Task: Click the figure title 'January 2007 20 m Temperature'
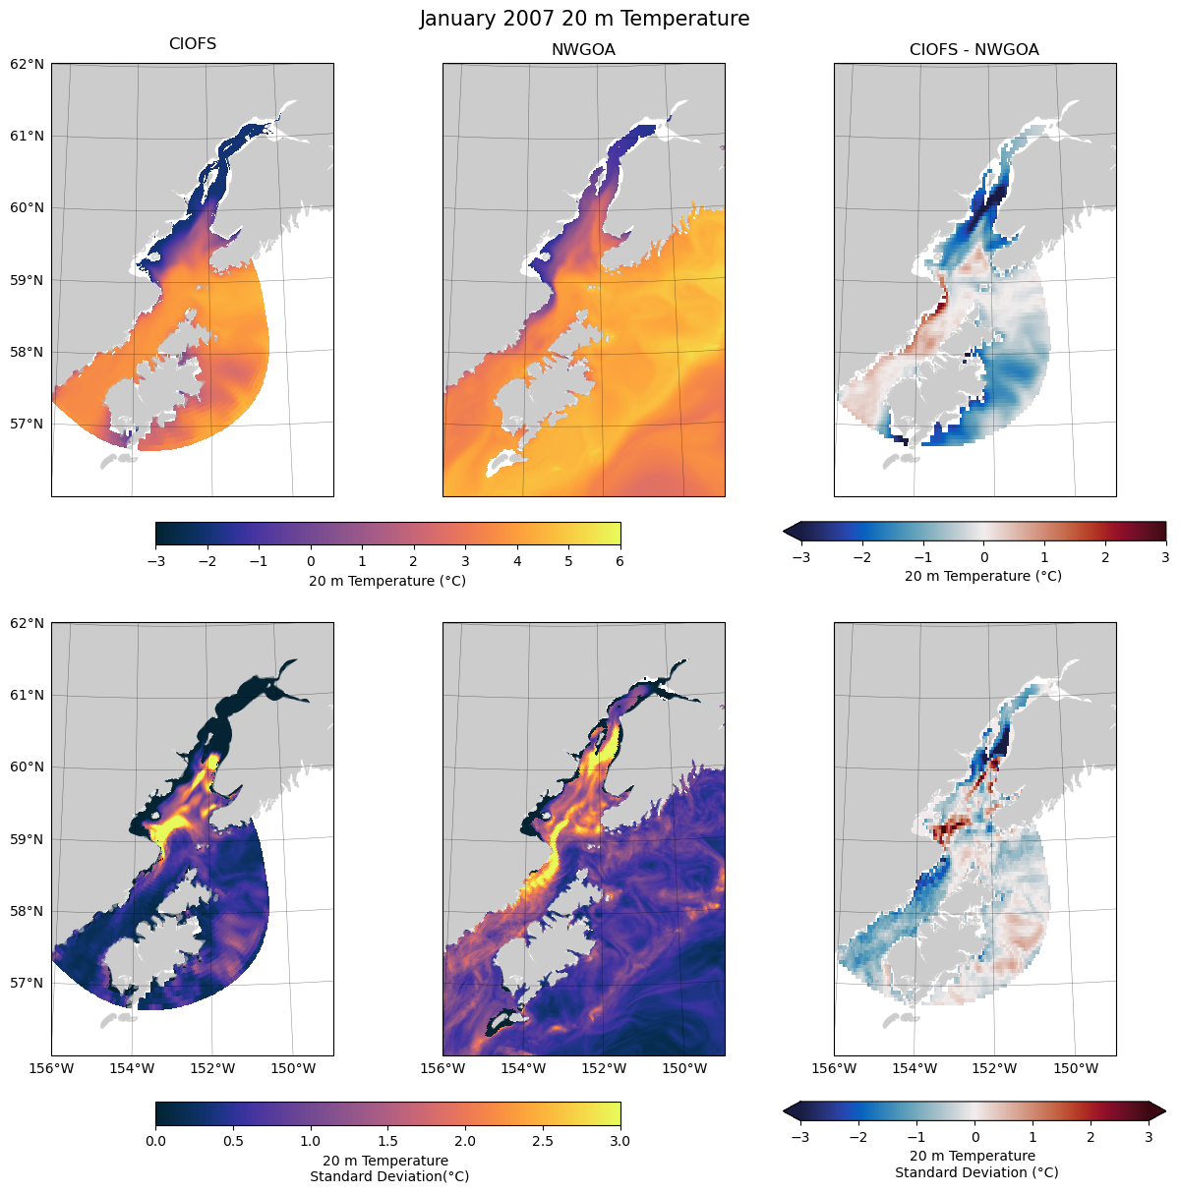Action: coord(584,19)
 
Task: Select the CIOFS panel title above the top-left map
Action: coord(193,44)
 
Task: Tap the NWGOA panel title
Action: coord(583,50)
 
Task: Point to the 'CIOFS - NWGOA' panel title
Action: coord(973,50)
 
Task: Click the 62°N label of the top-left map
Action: coord(28,64)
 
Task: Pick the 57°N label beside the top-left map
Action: coord(28,425)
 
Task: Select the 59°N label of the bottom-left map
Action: coord(28,839)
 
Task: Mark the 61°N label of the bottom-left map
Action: coord(28,695)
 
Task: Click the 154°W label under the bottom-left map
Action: coord(132,1068)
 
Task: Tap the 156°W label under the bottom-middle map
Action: coord(442,1068)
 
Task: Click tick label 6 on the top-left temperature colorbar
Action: coord(620,561)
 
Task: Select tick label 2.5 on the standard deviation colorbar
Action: coord(543,1141)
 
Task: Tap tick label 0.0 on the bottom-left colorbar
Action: coord(155,1141)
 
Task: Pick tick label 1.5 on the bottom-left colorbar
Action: coord(388,1141)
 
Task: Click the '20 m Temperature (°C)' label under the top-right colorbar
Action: coord(983,576)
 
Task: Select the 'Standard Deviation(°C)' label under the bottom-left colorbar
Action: coord(388,1176)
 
